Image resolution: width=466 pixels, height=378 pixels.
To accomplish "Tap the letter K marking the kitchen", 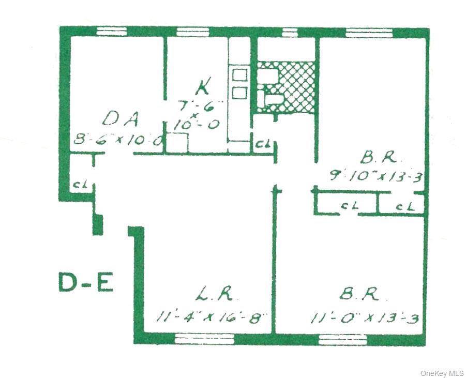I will (203, 86).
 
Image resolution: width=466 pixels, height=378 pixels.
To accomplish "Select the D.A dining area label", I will (120, 119).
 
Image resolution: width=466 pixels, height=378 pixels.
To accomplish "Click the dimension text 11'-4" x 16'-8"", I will (212, 315).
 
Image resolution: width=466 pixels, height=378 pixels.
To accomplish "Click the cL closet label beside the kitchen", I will (260, 144).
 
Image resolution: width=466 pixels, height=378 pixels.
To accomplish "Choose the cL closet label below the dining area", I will (79, 184).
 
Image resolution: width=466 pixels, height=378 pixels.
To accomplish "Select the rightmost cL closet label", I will (406, 206).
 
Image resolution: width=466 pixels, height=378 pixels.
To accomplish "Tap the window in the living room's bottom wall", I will (204, 339).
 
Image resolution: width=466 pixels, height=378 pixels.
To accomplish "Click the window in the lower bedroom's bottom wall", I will (342, 339).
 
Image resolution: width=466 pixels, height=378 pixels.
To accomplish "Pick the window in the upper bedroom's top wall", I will (369, 33).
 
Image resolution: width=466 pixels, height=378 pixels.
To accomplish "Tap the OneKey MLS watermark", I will (442, 373).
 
